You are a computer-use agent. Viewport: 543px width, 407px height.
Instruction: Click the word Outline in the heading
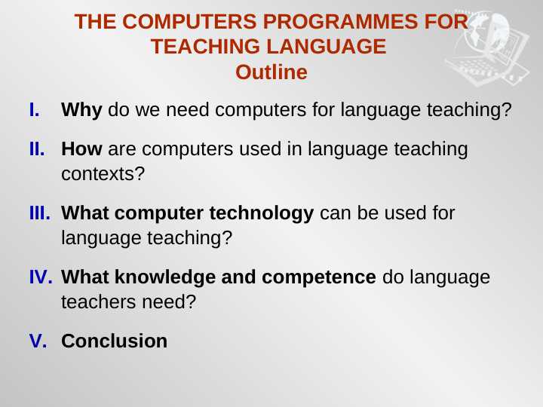click(271, 72)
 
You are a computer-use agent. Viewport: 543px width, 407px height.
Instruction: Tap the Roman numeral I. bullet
click(34, 110)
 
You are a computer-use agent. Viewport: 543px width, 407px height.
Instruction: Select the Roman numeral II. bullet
click(37, 149)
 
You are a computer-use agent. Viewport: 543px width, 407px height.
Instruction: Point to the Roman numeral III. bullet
click(39, 213)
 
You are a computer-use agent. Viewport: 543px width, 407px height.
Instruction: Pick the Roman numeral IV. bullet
click(40, 277)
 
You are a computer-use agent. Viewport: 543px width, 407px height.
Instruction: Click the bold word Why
click(81, 110)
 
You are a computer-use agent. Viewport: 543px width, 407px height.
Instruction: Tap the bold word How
click(81, 149)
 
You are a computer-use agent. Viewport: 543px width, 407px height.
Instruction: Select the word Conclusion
click(114, 341)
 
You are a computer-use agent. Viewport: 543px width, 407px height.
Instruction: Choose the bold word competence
click(319, 277)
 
